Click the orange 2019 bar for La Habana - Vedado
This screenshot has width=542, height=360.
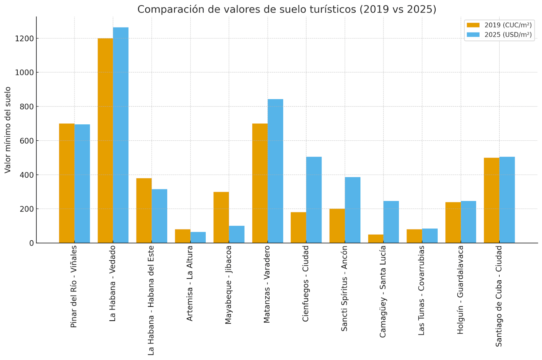tap(105, 141)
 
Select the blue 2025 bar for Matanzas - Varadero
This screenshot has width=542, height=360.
tap(275, 171)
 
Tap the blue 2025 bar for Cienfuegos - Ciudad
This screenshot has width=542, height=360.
tap(314, 200)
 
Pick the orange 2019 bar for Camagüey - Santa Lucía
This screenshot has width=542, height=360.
tap(376, 239)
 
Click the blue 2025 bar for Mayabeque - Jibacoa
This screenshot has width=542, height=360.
tap(236, 235)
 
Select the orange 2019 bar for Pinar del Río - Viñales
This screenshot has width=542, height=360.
tap(67, 183)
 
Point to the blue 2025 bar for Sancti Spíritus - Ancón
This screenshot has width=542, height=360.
tap(353, 210)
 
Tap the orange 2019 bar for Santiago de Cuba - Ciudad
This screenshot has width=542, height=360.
tap(492, 200)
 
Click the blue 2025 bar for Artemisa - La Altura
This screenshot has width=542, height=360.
tap(198, 238)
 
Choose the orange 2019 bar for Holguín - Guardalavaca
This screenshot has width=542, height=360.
tap(453, 223)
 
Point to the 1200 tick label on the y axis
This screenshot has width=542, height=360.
tap(24, 39)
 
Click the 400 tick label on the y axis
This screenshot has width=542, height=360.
tap(27, 175)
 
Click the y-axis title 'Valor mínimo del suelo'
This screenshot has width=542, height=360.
tap(8, 130)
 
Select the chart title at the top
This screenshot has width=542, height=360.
tap(287, 9)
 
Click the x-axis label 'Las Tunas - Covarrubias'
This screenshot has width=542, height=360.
tap(421, 290)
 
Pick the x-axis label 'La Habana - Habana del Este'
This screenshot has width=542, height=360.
tap(151, 300)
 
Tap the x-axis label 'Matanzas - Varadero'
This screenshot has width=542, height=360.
tap(267, 284)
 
